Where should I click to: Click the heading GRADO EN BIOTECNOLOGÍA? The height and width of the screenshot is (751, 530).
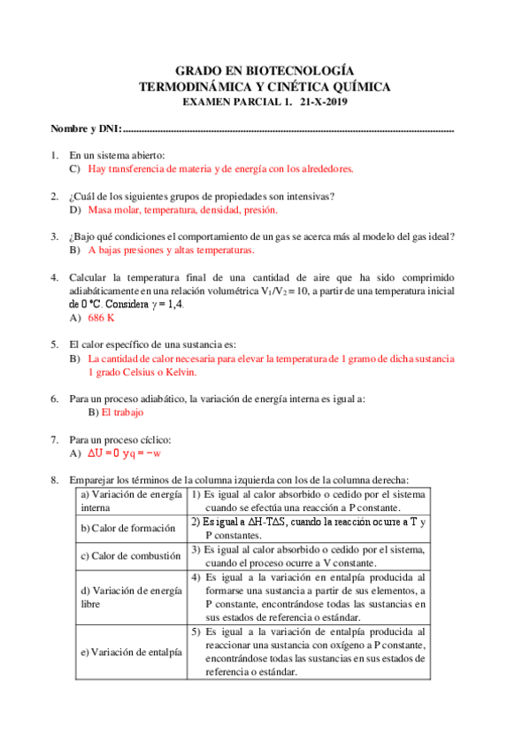pos(265,70)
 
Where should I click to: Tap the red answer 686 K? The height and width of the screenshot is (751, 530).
pos(102,316)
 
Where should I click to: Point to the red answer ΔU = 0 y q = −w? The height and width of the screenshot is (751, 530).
pos(124,453)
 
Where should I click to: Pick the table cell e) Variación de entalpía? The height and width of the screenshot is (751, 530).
pos(130,652)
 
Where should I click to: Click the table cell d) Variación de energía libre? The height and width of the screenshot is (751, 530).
pos(130,597)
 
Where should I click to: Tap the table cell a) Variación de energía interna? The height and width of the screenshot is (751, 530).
pos(130,500)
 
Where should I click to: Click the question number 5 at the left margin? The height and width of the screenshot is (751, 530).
pos(55,345)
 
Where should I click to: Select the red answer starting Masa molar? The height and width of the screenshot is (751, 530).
pos(183,210)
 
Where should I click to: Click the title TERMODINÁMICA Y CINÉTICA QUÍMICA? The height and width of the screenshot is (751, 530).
pos(265,86)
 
